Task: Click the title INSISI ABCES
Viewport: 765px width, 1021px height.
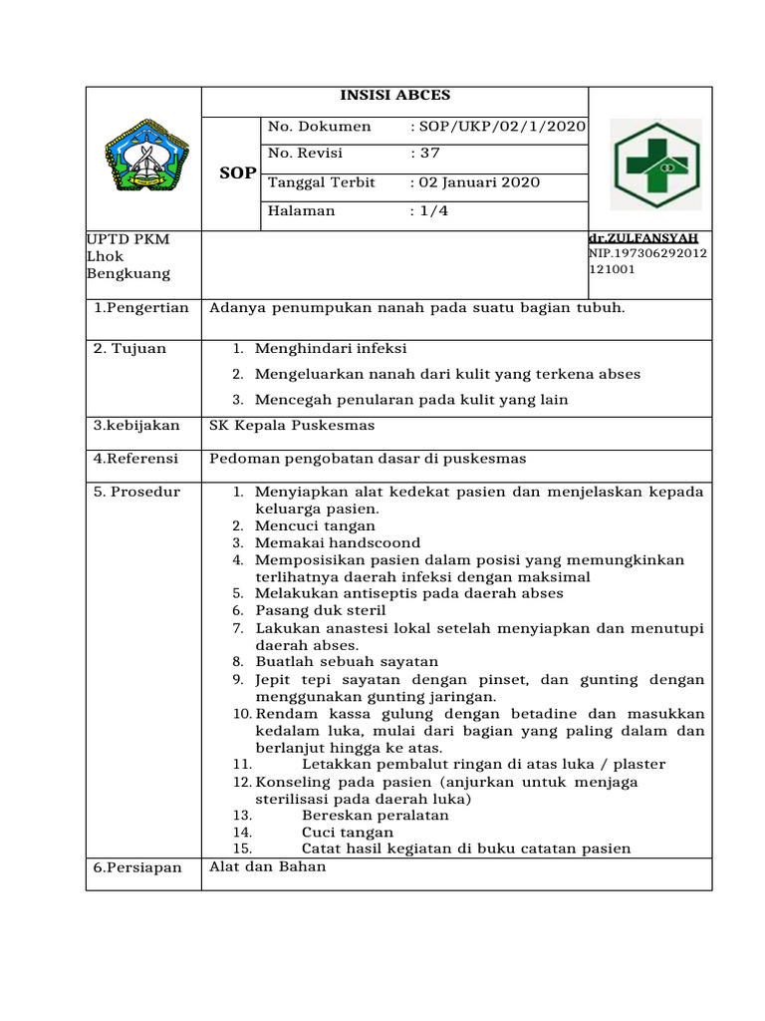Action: pyautogui.click(x=394, y=96)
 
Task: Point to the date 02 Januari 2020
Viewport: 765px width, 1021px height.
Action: pyautogui.click(x=478, y=182)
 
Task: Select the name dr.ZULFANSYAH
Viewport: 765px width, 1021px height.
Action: pyautogui.click(x=643, y=238)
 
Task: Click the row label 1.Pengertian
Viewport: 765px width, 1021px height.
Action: pyautogui.click(x=140, y=308)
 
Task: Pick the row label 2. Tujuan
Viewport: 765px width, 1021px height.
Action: pyautogui.click(x=130, y=349)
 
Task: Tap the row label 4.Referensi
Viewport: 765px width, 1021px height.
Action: pyautogui.click(x=135, y=460)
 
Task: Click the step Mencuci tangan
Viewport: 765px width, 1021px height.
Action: pyautogui.click(x=315, y=525)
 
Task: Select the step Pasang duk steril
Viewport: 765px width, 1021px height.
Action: pyautogui.click(x=320, y=610)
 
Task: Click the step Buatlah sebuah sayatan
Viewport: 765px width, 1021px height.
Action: pyautogui.click(x=347, y=662)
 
